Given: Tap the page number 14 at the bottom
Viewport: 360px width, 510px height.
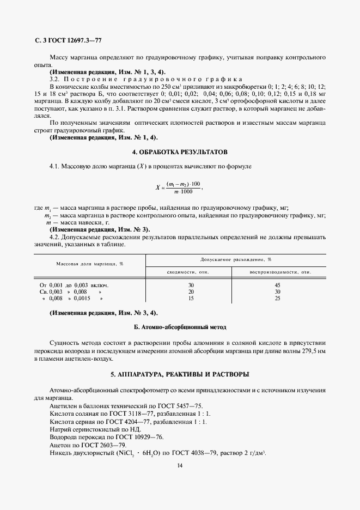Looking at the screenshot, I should pos(180,465).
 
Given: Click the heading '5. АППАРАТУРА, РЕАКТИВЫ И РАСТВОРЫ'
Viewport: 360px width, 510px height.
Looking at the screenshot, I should pos(180,375).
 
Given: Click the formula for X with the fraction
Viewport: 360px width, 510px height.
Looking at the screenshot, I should pos(179,187).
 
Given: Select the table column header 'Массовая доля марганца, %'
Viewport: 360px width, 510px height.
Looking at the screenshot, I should pos(89,264).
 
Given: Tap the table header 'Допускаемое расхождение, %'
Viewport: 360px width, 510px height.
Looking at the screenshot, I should pos(235,259).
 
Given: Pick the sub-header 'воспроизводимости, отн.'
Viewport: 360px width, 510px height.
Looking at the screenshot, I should pos(280,272).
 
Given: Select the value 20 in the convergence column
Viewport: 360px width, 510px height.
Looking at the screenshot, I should pos(190,292).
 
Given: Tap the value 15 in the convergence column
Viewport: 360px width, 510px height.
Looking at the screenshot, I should pos(190,298).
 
